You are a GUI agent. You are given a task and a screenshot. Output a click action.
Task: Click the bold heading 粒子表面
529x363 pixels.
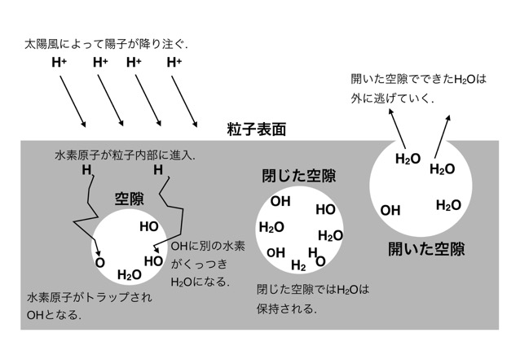pos(257,129)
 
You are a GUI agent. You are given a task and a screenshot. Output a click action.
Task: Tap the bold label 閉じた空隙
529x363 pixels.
pos(299,176)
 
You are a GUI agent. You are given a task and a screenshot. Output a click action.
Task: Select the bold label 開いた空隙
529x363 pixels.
pos(426,249)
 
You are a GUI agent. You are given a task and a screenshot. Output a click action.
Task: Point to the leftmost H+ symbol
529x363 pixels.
pos(59,63)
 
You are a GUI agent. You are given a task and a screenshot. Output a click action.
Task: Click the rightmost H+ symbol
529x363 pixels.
pos(174,63)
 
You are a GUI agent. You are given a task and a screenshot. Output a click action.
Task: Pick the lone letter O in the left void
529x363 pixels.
pos(100,263)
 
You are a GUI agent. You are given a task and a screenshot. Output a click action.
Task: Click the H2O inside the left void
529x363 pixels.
pos(130,275)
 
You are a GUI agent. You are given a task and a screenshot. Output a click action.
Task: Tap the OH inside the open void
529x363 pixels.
pos(390,211)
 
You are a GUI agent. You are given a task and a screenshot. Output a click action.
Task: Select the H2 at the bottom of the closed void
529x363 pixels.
pos(298,265)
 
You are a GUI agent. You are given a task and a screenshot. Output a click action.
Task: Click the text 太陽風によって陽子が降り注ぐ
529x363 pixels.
pos(106,44)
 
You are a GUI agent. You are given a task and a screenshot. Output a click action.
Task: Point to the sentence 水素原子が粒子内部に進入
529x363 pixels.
pos(126,155)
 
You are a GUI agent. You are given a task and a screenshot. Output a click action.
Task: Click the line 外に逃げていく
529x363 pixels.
pos(392,98)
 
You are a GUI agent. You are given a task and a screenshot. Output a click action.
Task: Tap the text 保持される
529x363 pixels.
pos(286,308)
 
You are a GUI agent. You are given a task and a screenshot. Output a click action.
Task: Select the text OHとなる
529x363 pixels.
pos(54,315)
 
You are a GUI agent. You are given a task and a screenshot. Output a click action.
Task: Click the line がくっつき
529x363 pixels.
pos(199,264)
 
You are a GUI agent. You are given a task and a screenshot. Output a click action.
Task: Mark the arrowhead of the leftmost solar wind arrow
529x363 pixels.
pos(83,125)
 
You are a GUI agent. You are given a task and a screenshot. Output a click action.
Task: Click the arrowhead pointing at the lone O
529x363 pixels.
pos(99,253)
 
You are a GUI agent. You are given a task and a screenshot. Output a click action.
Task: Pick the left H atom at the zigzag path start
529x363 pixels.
pos(86,170)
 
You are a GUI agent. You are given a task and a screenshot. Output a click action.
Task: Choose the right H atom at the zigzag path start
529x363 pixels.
pos(158,170)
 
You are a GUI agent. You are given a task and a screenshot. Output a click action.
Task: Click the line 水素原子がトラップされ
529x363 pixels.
pos(90,297)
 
